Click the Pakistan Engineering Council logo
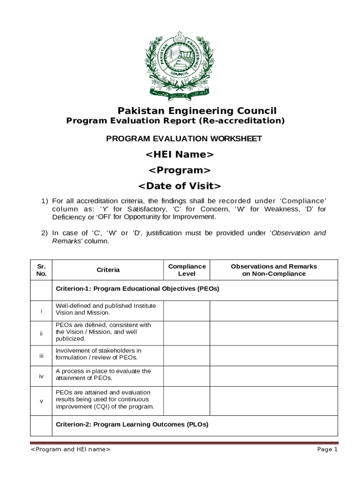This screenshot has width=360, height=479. tap(180, 65)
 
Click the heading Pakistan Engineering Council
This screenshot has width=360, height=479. tap(197, 111)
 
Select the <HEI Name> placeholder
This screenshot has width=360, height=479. tap(180, 154)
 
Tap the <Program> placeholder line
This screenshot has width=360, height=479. tap(180, 170)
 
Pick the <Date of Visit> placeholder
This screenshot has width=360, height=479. tap(180, 186)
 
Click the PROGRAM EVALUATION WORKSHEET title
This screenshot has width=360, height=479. tap(184, 139)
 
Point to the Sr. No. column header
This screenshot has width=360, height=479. tap(41, 270)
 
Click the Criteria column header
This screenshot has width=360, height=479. tap(108, 270)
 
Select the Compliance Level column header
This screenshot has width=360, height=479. tap(187, 270)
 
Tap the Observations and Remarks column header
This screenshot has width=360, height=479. tap(274, 270)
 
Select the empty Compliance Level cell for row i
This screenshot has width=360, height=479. tap(187, 311)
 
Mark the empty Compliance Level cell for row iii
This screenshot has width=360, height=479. tap(187, 356)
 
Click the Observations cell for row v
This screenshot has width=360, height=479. tap(274, 401)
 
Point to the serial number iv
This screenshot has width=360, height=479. tap(41, 376)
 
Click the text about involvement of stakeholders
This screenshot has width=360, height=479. tap(98, 354)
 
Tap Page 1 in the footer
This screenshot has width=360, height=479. tap(327, 450)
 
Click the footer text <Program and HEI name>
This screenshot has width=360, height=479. tap(71, 450)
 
